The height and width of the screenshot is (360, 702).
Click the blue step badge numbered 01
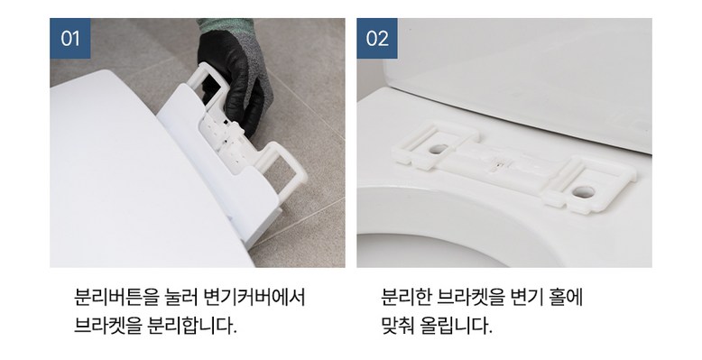[x=69, y=39]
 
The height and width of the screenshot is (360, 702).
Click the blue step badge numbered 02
[x=377, y=39]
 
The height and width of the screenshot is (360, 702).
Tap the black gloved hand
[x=234, y=76]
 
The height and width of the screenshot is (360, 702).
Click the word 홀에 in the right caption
[x=567, y=298]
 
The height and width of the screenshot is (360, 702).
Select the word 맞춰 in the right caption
[x=398, y=326]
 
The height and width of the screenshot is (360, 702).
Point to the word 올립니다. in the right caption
[x=457, y=326]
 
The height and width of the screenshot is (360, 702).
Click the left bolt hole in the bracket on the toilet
[x=439, y=149]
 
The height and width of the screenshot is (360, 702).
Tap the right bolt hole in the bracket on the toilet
[x=584, y=192]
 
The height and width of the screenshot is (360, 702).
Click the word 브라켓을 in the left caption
[x=107, y=326]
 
